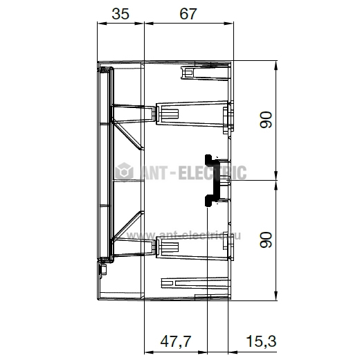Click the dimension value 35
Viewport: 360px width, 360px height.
(120, 14)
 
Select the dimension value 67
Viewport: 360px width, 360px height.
(188, 14)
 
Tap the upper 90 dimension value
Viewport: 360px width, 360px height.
(266, 120)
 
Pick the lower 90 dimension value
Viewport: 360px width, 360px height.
(266, 240)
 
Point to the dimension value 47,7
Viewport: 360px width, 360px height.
(176, 341)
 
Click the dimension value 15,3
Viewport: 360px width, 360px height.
(261, 341)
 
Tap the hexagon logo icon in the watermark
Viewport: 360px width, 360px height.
(124, 171)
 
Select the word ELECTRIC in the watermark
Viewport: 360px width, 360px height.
(213, 172)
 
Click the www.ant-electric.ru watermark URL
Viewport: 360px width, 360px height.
(183, 235)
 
